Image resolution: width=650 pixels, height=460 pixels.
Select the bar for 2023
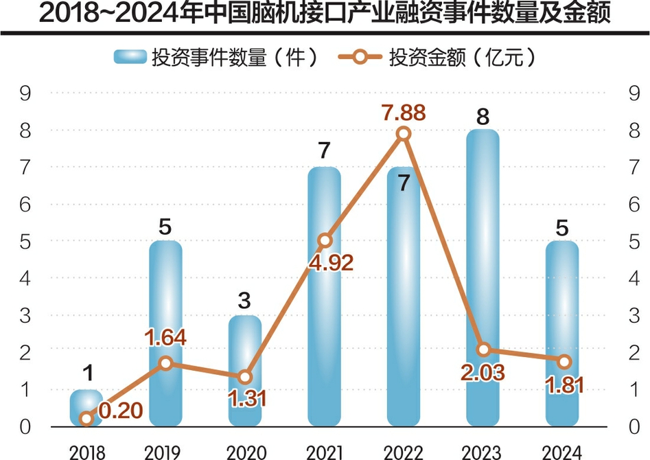point(483,275)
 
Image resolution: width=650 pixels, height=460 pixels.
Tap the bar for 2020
point(245,371)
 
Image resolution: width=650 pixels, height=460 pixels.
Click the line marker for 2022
point(404,134)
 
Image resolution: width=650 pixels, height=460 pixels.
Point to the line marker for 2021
point(325,240)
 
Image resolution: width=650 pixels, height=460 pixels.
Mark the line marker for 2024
point(563,362)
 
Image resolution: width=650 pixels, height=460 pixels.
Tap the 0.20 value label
point(121,411)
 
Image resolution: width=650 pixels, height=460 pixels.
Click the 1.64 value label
point(165,338)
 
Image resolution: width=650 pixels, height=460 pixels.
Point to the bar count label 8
point(483,117)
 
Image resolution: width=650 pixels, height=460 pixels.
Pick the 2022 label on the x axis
point(404,451)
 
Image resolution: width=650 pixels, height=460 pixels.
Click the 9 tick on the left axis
point(26,93)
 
